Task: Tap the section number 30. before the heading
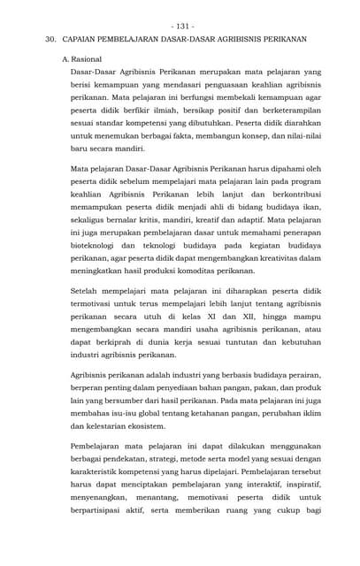tap(51, 40)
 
